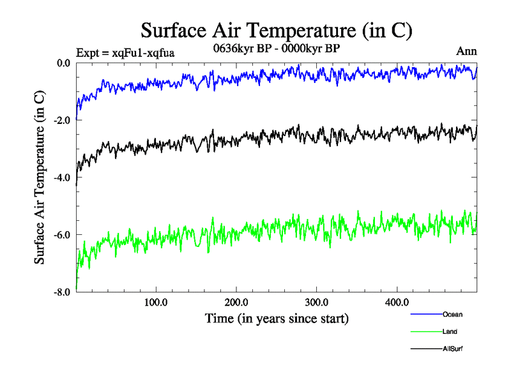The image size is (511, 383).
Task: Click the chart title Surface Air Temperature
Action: point(276,30)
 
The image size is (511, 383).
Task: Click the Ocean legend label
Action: point(452,314)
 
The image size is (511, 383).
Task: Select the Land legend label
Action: point(450,331)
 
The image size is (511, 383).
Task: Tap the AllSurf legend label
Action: point(452,349)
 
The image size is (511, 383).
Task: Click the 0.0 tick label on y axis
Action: point(63,63)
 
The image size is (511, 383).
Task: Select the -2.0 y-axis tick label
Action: point(61,120)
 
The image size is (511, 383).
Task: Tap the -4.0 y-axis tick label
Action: point(61,177)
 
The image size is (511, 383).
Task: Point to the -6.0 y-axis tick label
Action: point(61,235)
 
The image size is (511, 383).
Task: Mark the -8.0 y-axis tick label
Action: point(61,292)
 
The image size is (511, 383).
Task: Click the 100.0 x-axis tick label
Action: point(156,303)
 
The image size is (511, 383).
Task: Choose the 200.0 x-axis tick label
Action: point(236,303)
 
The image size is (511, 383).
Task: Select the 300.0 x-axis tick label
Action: point(317,303)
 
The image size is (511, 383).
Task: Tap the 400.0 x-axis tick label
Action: point(397,303)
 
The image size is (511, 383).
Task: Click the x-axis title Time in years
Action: point(277,318)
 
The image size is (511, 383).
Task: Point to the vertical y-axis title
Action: point(40,177)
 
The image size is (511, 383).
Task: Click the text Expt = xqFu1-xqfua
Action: point(125,52)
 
